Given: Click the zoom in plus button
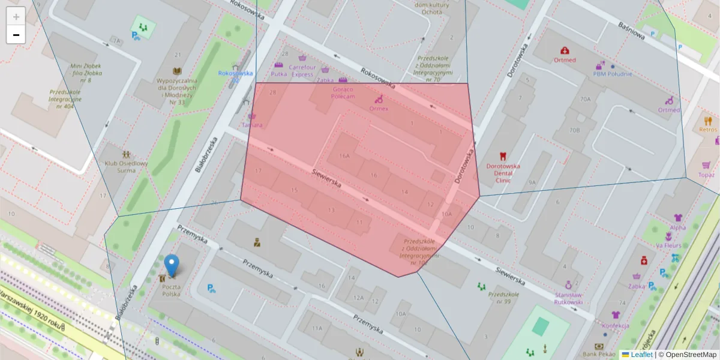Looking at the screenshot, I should tap(16, 16).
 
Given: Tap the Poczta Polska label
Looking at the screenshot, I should tap(171, 290).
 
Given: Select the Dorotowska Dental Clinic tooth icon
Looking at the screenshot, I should tap(503, 156).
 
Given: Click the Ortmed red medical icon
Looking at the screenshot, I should tap(565, 51).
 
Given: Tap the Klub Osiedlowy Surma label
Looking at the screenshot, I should tap(126, 166).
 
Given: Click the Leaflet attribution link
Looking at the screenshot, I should tap(641, 355).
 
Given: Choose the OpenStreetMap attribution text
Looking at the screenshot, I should tap(691, 355).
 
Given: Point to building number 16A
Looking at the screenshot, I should tap(344, 156).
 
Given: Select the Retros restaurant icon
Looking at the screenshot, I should tap(708, 120).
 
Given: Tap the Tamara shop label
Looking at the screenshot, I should tap(252, 125).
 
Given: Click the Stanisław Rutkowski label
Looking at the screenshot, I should tap(568, 298).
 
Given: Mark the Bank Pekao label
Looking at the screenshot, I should tap(599, 355).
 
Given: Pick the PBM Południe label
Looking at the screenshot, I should tap(613, 74).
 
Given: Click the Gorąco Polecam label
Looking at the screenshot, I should tap(343, 92).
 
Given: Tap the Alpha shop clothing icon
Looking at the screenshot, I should tap(678, 218).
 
